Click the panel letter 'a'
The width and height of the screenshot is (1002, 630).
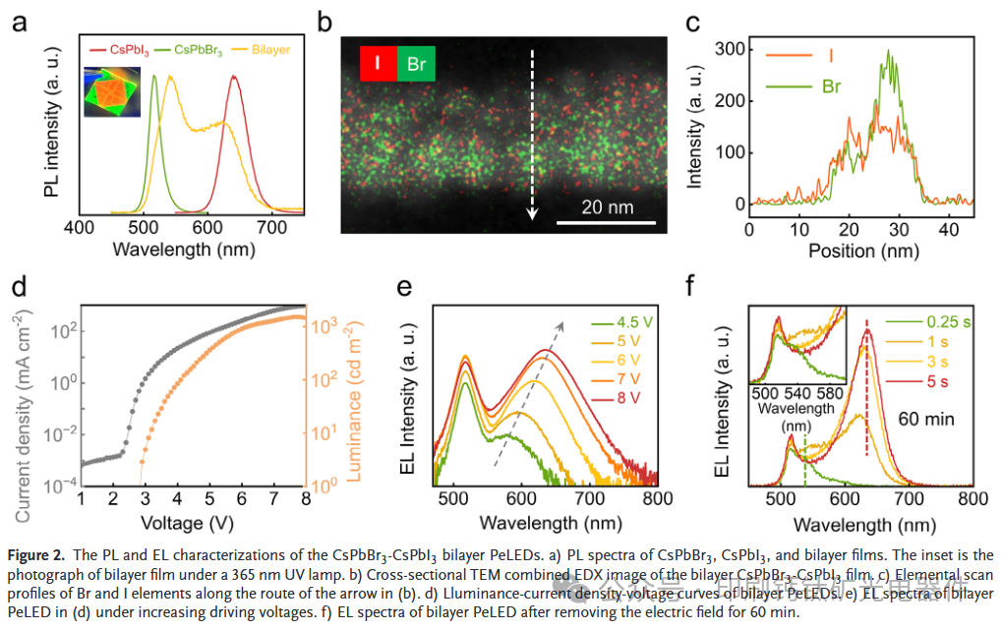coord(21,21)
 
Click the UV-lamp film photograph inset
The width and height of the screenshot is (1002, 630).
coord(112,92)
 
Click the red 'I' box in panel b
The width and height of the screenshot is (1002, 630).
coord(377,65)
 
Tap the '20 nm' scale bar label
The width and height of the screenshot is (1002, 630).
coord(607,207)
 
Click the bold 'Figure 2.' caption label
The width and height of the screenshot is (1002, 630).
coord(39,556)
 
